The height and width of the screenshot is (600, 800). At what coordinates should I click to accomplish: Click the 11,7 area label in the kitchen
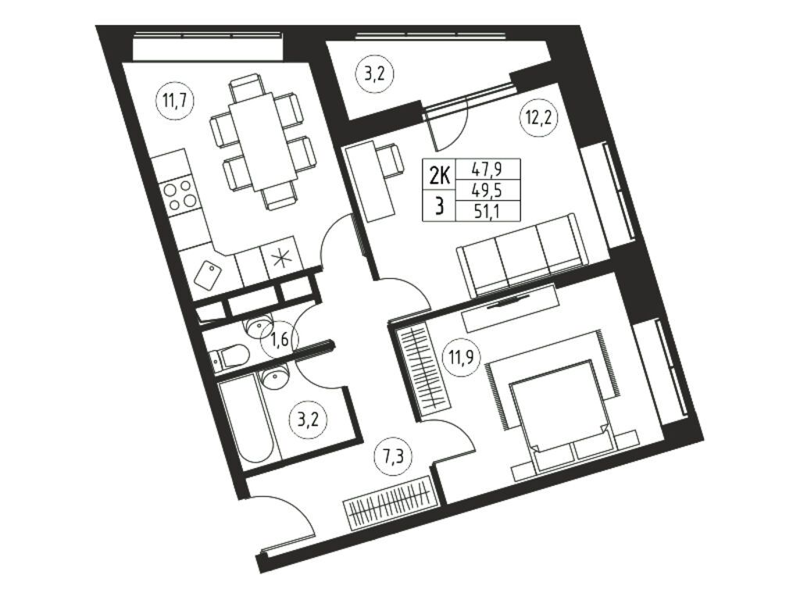[x=171, y=101]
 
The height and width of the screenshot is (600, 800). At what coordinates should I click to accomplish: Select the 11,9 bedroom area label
[x=461, y=356]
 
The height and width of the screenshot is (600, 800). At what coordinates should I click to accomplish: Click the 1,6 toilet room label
[x=280, y=338]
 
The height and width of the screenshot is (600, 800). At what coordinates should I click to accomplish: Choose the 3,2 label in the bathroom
[x=308, y=420]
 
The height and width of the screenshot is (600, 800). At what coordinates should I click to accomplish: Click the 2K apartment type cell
[x=439, y=177]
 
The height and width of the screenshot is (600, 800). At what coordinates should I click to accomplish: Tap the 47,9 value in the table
[x=487, y=169]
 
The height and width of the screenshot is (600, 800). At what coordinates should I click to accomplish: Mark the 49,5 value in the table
[x=487, y=190]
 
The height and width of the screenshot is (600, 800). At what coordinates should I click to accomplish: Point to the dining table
[x=262, y=145]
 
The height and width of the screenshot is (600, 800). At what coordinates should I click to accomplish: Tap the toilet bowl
[x=229, y=356]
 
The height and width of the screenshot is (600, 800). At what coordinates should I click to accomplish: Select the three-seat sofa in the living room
[x=520, y=255]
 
